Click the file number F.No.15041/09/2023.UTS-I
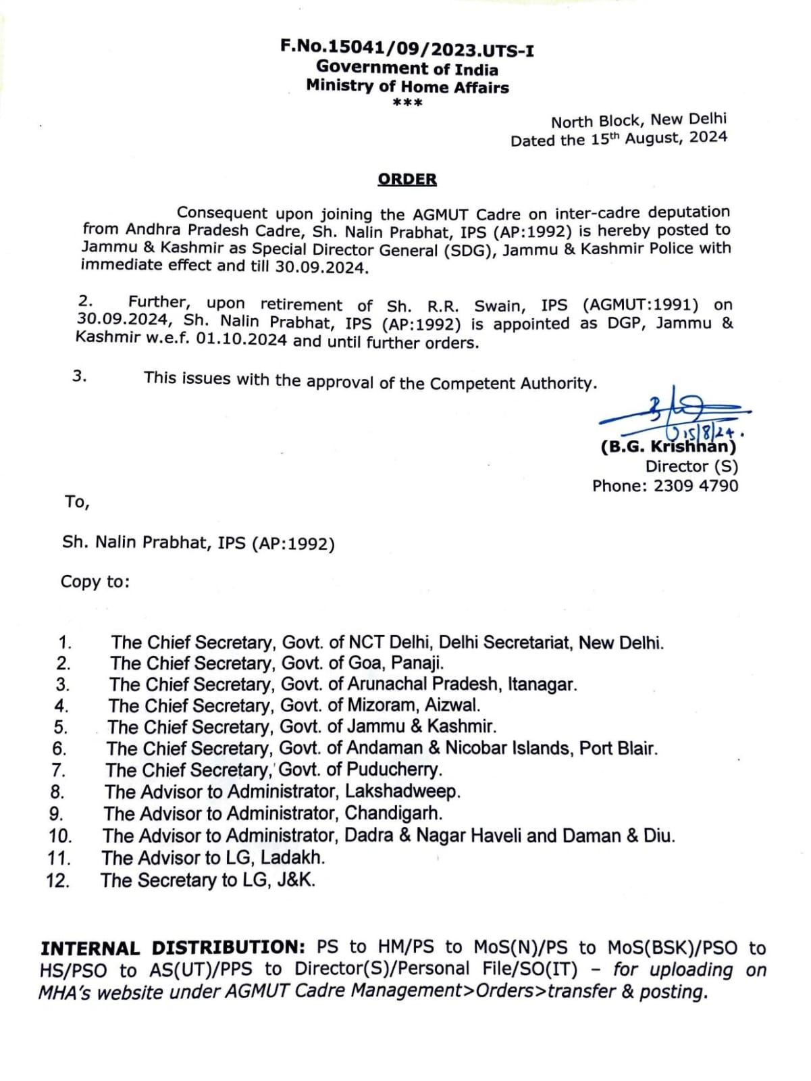(x=407, y=49)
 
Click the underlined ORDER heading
(x=407, y=179)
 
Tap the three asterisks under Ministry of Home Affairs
(x=407, y=103)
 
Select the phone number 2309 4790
(x=696, y=486)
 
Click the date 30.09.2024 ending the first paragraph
(x=321, y=267)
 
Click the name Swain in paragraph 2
(x=499, y=305)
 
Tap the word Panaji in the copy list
(x=417, y=663)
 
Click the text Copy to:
(x=95, y=582)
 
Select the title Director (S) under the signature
(x=691, y=466)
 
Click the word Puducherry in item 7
(x=394, y=770)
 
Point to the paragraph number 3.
(x=79, y=376)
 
